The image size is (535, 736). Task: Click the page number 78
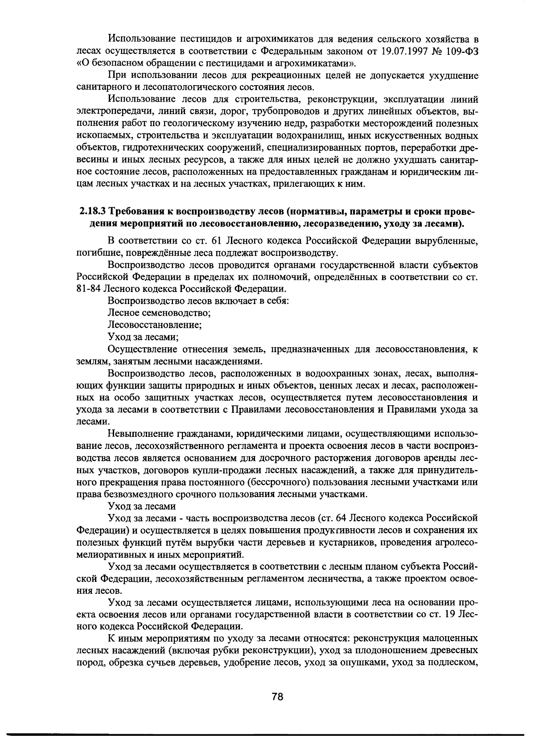(277, 697)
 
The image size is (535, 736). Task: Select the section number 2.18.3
(92, 210)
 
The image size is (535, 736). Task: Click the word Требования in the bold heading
(136, 210)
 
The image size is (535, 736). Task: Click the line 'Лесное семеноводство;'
(159, 312)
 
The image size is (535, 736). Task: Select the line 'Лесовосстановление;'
(155, 325)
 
